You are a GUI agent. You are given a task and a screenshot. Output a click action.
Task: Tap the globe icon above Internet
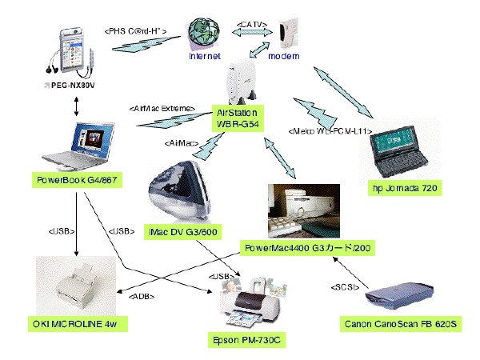tap(203, 35)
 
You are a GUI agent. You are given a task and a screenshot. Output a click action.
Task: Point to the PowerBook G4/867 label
tap(78, 180)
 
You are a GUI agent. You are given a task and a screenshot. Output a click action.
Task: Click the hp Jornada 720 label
tap(407, 188)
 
